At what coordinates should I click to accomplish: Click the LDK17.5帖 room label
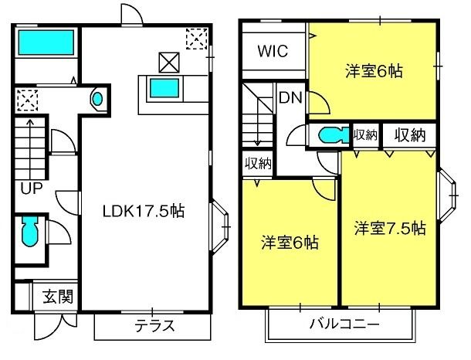pyautogui.click(x=144, y=211)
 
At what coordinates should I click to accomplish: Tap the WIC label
pyautogui.click(x=273, y=51)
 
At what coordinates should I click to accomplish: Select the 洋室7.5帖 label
pyautogui.click(x=390, y=228)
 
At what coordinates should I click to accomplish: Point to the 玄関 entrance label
pyautogui.click(x=58, y=297)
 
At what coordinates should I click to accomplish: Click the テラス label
pyautogui.click(x=154, y=326)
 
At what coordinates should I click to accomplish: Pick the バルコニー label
pyautogui.click(x=344, y=324)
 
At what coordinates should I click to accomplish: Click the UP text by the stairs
pyautogui.click(x=31, y=188)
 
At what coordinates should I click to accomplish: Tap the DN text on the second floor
pyautogui.click(x=290, y=97)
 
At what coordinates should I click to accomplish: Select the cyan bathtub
pyautogui.click(x=46, y=42)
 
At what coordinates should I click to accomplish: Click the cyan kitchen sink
pyautogui.click(x=164, y=88)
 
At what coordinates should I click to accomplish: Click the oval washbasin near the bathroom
pyautogui.click(x=97, y=99)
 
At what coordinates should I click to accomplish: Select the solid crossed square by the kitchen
pyautogui.click(x=169, y=63)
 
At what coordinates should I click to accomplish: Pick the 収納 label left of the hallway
pyautogui.click(x=258, y=164)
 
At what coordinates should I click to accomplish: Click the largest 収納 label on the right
pyautogui.click(x=410, y=135)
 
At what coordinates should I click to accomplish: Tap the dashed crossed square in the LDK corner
pyautogui.click(x=196, y=39)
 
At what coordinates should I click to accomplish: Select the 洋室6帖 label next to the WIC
pyautogui.click(x=374, y=72)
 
